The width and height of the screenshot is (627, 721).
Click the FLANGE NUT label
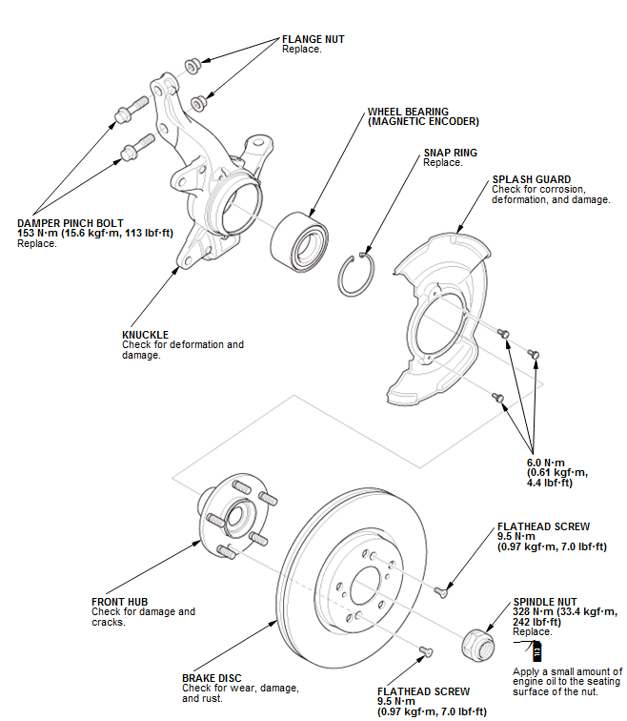313,39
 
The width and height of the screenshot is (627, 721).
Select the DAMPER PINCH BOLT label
66,223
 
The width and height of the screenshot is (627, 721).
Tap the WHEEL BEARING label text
408,112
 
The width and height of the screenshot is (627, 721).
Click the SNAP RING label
451,153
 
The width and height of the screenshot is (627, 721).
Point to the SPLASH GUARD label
531,179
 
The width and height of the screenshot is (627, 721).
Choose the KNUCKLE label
145,335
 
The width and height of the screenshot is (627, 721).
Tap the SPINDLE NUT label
544,602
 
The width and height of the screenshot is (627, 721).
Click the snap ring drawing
358,278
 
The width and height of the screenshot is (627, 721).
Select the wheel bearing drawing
298,239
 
